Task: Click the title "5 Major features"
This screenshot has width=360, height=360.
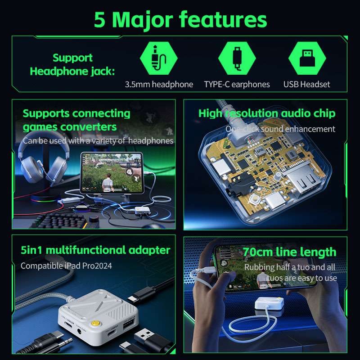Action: pos(180,19)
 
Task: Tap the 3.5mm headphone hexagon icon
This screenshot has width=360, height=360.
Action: pos(159,59)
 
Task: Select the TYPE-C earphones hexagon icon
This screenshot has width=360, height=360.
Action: pos(237,59)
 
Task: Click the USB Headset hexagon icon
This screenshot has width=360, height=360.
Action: pos(306,59)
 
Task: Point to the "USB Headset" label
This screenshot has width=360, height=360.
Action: pos(306,84)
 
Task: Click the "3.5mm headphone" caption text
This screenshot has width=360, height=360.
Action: pos(159,84)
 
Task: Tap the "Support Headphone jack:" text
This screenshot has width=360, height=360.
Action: pos(72,64)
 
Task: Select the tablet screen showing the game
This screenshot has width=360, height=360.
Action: pos(110,173)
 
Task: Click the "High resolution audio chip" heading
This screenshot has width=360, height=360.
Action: pos(267,113)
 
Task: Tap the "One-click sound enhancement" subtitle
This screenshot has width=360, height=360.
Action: pos(280,129)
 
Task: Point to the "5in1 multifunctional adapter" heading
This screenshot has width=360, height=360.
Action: pos(95,250)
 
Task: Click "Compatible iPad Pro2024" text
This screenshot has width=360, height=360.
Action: pos(66,265)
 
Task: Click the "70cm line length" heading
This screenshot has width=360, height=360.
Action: pos(289,252)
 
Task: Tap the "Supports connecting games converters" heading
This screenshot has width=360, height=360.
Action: pos(76,120)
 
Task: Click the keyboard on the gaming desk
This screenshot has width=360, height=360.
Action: pos(58,220)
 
